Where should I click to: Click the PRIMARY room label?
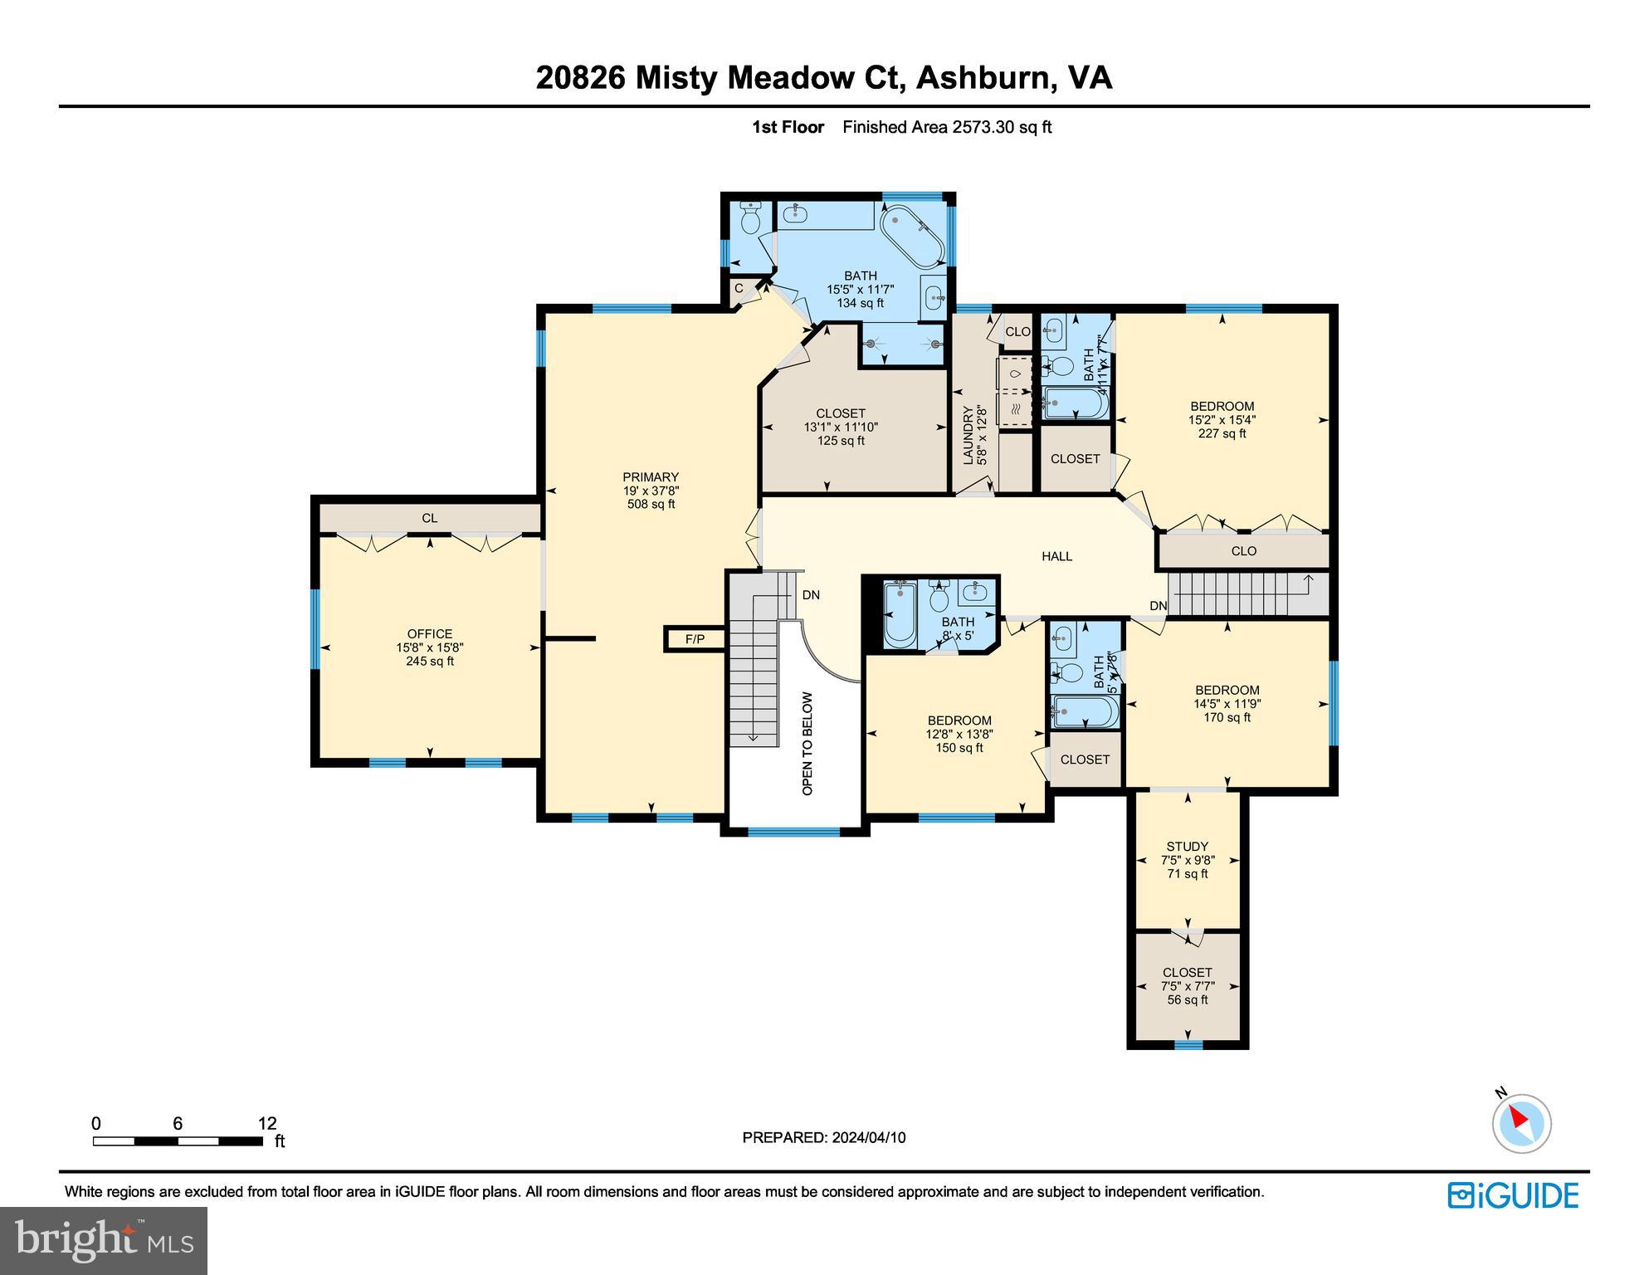(x=651, y=477)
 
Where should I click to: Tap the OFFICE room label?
(x=429, y=634)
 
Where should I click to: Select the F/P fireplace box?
(x=695, y=639)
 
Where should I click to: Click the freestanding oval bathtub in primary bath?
(x=911, y=237)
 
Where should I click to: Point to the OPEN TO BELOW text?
(x=807, y=744)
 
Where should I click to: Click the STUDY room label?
(x=1187, y=847)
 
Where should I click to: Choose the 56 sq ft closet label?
(x=1187, y=986)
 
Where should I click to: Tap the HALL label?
(x=1056, y=556)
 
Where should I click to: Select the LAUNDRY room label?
(x=968, y=436)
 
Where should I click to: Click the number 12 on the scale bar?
(x=266, y=1123)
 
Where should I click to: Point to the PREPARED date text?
(x=823, y=1137)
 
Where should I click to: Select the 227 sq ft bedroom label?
(x=1222, y=420)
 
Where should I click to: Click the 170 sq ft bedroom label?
(x=1227, y=704)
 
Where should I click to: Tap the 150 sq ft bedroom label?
(x=959, y=734)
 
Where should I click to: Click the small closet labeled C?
(x=738, y=289)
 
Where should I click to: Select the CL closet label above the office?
(x=429, y=518)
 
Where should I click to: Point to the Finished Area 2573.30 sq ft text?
(x=946, y=127)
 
